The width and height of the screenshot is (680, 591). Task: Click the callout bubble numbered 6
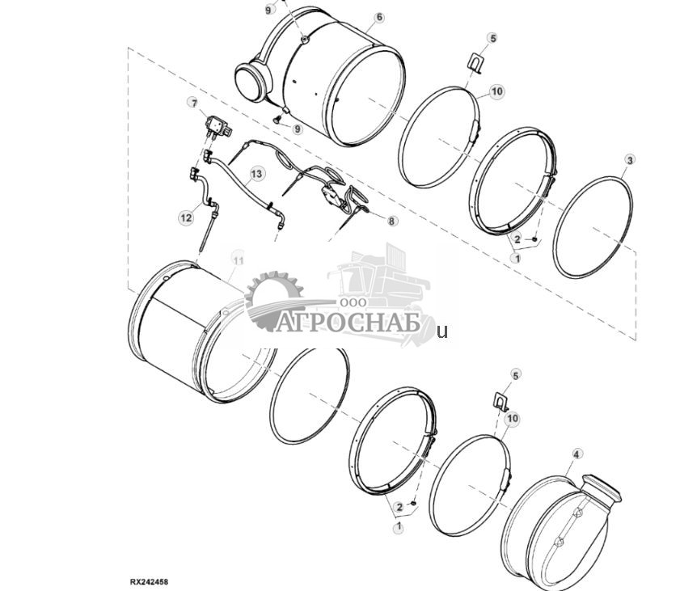379,18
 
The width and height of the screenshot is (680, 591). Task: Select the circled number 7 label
192,103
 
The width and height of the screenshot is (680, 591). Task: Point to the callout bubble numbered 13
256,174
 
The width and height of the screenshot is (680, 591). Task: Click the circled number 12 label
186,217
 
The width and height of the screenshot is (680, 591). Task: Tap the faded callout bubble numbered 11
237,259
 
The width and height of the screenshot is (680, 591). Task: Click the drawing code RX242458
151,580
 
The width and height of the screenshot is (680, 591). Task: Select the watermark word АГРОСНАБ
349,323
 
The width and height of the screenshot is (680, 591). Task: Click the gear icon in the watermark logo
271,299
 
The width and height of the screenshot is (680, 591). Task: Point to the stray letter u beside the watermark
441,331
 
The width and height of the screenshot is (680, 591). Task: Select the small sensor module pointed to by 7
217,125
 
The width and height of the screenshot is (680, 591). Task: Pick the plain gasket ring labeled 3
593,227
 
